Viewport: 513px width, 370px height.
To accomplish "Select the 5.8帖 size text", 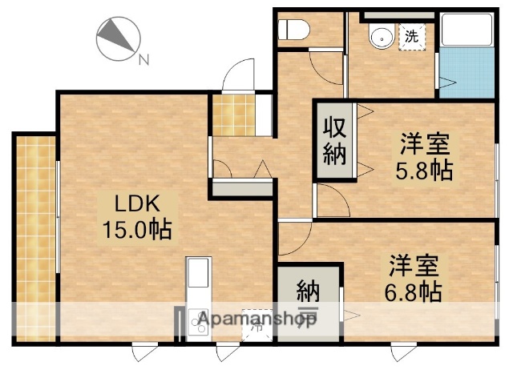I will [425, 170].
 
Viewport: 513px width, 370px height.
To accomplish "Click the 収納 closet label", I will [334, 140].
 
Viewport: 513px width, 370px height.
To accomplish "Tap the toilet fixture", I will [293, 30].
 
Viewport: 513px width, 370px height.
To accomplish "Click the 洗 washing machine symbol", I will [410, 35].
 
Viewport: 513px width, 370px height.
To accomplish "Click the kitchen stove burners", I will [197, 323].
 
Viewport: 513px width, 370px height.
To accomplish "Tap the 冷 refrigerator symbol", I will [257, 324].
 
